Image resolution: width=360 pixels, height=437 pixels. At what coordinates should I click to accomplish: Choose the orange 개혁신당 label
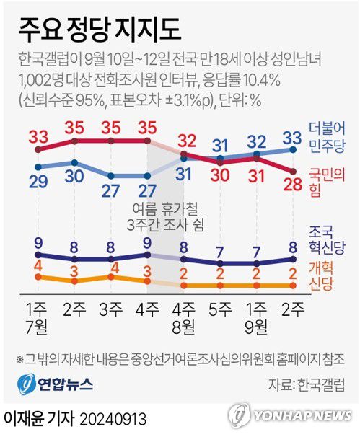click(x=329, y=278)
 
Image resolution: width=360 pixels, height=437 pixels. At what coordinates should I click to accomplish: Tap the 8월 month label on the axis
click(x=183, y=324)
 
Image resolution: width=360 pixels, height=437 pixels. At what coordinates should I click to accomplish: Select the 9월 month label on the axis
click(x=256, y=324)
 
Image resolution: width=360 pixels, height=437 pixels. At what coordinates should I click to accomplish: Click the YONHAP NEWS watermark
click(x=292, y=416)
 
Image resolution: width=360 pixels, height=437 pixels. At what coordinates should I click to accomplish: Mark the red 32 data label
click(x=188, y=140)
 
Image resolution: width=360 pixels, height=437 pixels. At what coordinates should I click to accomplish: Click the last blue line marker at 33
click(x=293, y=149)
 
